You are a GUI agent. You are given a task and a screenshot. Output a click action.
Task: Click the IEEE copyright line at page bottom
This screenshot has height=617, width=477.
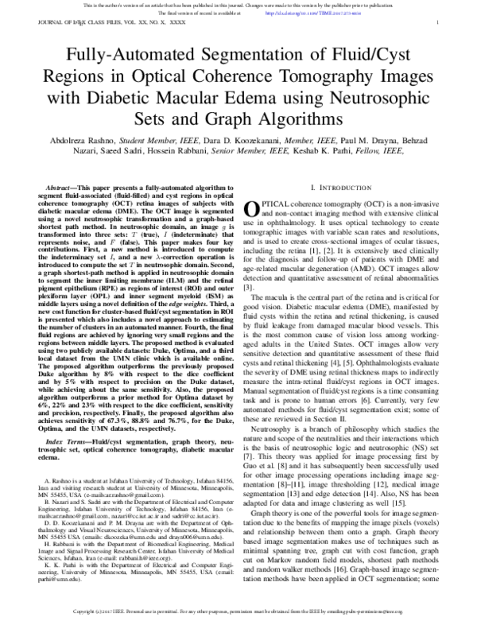click(238, 611)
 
